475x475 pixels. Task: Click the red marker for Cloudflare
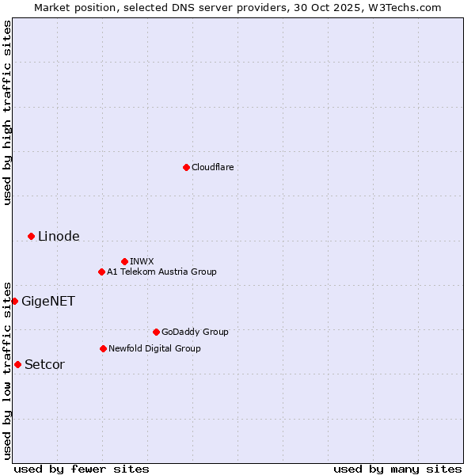[186, 167]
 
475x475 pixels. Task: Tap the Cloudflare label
[213, 167]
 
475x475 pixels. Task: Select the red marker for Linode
[31, 236]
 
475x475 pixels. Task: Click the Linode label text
[59, 236]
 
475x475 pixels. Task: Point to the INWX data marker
[124, 261]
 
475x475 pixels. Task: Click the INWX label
[142, 261]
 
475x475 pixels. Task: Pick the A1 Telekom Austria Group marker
[101, 272]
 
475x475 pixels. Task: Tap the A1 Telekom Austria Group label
[161, 272]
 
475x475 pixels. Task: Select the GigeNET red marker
[14, 301]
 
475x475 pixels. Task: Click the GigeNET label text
[48, 301]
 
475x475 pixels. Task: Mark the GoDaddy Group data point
[156, 332]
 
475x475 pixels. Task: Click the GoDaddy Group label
[195, 332]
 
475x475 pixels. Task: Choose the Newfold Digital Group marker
[103, 348]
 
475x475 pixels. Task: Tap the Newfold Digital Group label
[154, 348]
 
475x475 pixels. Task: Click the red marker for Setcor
[17, 364]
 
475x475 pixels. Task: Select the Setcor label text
[44, 364]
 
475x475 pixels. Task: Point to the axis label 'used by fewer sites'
[82, 469]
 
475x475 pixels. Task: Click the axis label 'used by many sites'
[397, 469]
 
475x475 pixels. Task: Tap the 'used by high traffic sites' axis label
[7, 112]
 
